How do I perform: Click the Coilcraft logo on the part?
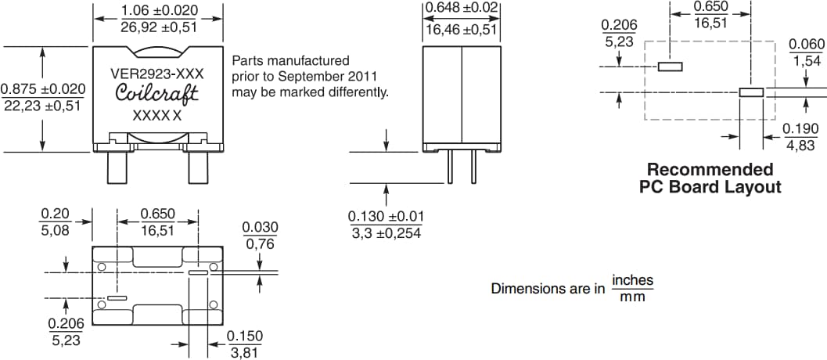tap(156, 94)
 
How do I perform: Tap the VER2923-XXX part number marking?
tap(156, 74)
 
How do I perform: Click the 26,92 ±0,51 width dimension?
tap(160, 27)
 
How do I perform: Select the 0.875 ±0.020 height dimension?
tap(43, 89)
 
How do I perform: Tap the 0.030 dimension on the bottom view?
tap(261, 227)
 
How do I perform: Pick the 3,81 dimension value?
tap(245, 352)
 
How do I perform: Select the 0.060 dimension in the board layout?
tap(806, 45)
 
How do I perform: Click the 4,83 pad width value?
tap(800, 146)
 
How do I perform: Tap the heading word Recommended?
tap(710, 170)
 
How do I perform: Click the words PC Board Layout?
tap(710, 187)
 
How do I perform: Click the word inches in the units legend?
tap(632, 280)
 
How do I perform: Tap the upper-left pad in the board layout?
tap(671, 67)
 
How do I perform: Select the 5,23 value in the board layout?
tap(619, 41)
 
